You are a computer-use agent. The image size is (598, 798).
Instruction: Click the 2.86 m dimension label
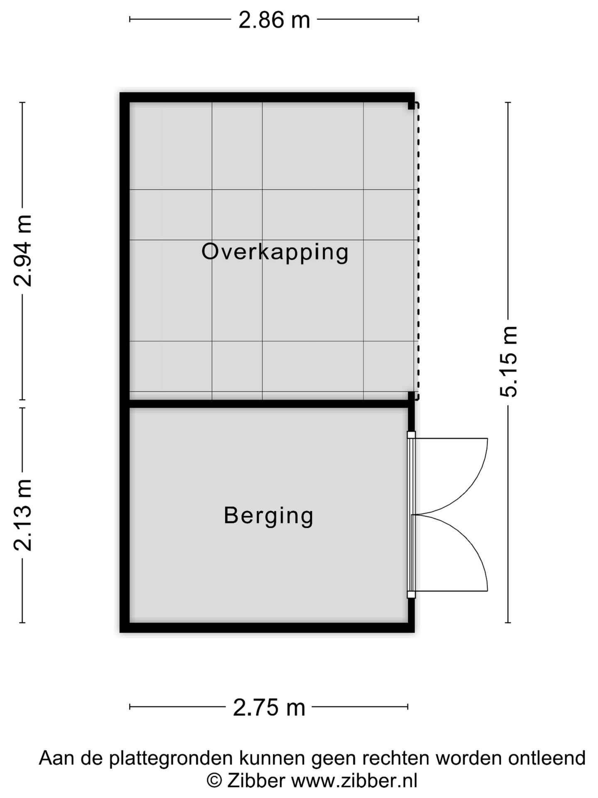pos(274,20)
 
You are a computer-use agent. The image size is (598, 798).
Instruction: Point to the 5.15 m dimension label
pos(508,362)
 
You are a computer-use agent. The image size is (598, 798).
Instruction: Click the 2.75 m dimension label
pos(269,707)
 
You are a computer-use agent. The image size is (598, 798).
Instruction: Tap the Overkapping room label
pos(275,252)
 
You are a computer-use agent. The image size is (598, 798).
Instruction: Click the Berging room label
pos(268,515)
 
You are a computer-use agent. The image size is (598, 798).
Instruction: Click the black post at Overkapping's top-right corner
pos(411,106)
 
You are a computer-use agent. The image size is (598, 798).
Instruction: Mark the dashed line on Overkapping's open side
pos(418,249)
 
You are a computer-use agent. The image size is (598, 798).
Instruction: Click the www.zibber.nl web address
pos(354,781)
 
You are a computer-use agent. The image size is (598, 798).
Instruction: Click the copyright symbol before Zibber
pos(214,781)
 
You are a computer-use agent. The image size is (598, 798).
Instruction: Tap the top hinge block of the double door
pos(411,435)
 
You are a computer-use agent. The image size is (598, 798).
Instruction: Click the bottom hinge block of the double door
pos(411,595)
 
